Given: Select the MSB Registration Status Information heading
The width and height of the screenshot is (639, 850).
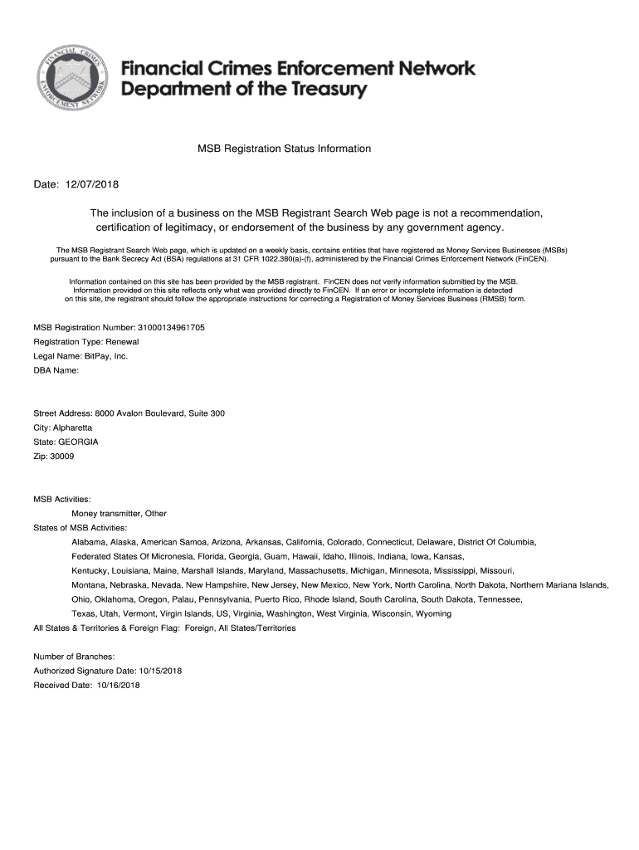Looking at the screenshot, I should [x=284, y=149].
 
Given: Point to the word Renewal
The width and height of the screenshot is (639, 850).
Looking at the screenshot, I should [x=122, y=341].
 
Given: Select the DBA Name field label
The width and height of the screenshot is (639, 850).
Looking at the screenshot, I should [x=56, y=370].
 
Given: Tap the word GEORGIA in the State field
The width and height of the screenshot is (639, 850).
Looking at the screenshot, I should [x=79, y=442].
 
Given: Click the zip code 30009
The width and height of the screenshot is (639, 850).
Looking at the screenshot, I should [x=62, y=457].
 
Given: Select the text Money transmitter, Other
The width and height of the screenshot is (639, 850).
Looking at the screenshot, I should [x=119, y=514].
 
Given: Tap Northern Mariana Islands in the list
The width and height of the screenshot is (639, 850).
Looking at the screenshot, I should [x=559, y=585].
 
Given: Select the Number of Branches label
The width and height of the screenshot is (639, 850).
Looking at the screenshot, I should [x=74, y=657].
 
